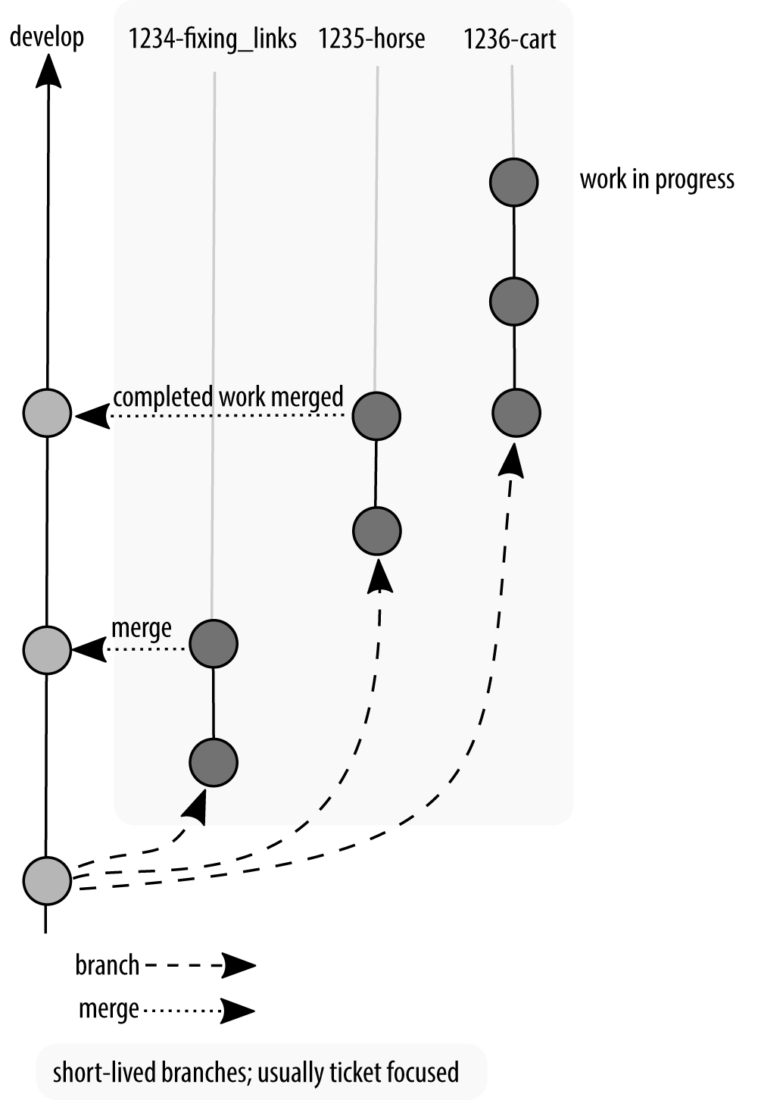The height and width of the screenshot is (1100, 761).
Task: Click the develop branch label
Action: pyautogui.click(x=46, y=37)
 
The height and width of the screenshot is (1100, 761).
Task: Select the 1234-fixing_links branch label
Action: pyautogui.click(x=212, y=39)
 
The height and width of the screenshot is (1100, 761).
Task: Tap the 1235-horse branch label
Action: pyautogui.click(x=371, y=39)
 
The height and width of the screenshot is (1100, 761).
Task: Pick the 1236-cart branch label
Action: pyautogui.click(x=510, y=39)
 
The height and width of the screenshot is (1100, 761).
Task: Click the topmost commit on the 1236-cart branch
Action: pyautogui.click(x=514, y=182)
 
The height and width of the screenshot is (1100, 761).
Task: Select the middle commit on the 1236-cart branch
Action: pyautogui.click(x=514, y=301)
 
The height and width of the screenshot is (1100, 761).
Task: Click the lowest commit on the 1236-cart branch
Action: pyautogui.click(x=516, y=413)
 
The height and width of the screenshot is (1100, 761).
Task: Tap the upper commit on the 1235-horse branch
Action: pyautogui.click(x=376, y=416)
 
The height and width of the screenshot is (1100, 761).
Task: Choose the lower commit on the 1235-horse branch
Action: pyautogui.click(x=376, y=531)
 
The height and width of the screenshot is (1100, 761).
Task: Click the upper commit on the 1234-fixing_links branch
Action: pyautogui.click(x=214, y=644)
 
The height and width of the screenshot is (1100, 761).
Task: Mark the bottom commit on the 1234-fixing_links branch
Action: pyautogui.click(x=214, y=762)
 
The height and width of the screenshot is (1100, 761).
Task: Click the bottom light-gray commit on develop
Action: pyautogui.click(x=47, y=880)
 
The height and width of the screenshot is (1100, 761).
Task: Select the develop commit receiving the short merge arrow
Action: pyautogui.click(x=47, y=649)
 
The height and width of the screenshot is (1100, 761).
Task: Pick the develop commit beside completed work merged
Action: pyautogui.click(x=47, y=413)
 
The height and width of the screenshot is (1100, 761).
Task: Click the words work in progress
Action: pyautogui.click(x=657, y=180)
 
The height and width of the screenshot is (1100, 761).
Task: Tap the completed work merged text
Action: pyautogui.click(x=228, y=397)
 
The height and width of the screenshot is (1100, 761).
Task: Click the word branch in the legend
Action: pyautogui.click(x=107, y=965)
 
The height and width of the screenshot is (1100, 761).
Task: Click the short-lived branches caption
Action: pyautogui.click(x=256, y=1072)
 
